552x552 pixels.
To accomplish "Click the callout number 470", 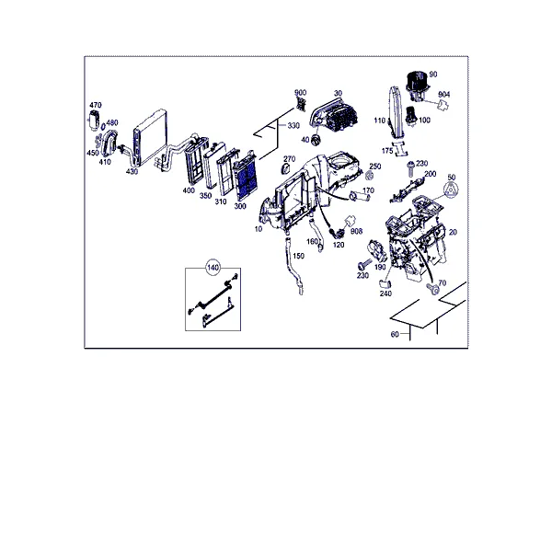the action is [96, 105].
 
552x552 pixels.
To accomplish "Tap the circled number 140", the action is [213, 268].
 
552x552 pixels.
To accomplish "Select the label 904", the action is [444, 95].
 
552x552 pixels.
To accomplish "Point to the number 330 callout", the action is [293, 126].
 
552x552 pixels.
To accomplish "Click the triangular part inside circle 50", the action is [452, 190].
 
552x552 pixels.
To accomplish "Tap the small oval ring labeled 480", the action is [103, 127].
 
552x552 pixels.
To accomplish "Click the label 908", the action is [356, 231].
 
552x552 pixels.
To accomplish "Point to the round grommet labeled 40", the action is [316, 140].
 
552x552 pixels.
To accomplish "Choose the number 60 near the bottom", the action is [395, 334].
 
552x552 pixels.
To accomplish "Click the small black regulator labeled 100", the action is [411, 116].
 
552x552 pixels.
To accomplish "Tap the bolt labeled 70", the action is [433, 289].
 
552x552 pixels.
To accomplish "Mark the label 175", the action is [387, 151].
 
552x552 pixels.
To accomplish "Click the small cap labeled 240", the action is [385, 283].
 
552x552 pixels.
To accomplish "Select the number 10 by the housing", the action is [259, 229].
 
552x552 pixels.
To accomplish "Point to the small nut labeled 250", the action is [368, 175].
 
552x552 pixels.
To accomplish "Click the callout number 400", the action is [189, 190].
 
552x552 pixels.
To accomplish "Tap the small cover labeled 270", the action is [285, 169].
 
